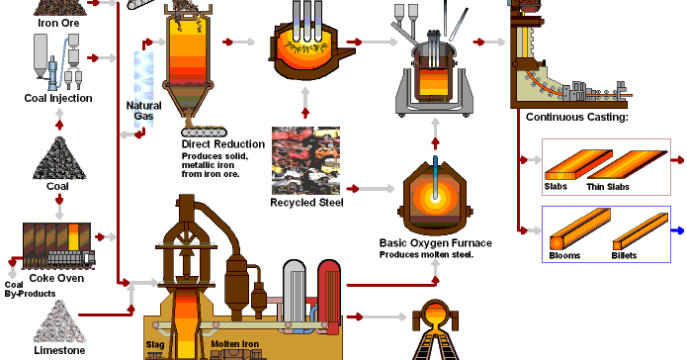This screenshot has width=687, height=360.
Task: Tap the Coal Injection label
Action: [58, 98]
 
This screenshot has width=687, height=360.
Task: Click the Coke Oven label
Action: [58, 278]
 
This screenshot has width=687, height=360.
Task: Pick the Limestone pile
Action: [58, 320]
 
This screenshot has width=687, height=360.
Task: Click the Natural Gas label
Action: [144, 111]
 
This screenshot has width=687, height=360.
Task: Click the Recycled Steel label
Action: [306, 204]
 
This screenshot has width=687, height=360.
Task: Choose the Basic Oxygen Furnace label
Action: [435, 242]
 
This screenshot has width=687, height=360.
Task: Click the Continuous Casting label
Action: [577, 118]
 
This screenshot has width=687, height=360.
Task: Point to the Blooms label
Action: [565, 256]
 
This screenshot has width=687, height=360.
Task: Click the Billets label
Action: [624, 256]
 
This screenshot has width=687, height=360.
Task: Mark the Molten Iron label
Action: [234, 344]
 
